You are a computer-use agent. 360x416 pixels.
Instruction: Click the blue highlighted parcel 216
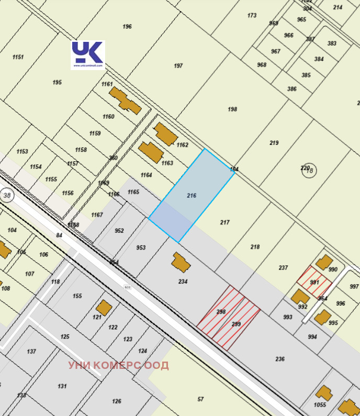tap(192, 195)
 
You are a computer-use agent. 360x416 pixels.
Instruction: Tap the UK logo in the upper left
tap(88, 54)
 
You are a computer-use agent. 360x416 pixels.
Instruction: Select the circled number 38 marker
tap(7, 195)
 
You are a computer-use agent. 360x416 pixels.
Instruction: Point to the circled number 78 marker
tap(309, 170)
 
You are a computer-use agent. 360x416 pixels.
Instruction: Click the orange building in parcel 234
tap(181, 262)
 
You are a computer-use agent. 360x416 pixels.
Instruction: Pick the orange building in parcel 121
tap(104, 307)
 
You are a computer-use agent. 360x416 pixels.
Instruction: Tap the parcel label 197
tap(178, 66)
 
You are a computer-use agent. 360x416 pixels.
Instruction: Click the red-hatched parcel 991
tap(314, 281)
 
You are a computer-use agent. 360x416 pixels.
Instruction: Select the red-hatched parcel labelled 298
tap(221, 311)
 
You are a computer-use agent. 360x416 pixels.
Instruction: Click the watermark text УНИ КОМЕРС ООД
tap(118, 365)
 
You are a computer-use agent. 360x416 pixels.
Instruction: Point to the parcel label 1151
tap(18, 57)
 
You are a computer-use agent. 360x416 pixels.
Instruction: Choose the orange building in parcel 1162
tap(165, 134)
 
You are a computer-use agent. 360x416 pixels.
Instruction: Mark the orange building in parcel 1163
tap(151, 152)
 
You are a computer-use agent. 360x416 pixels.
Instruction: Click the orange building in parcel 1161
tap(125, 99)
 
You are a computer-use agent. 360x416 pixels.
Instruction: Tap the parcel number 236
tap(280, 359)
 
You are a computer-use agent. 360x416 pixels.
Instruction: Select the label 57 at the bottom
tap(200, 399)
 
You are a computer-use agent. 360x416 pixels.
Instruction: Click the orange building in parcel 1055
tap(323, 393)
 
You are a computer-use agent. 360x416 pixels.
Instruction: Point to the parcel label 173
tap(252, 16)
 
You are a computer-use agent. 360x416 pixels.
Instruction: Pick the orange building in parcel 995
tap(322, 317)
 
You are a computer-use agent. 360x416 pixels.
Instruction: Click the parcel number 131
tap(62, 386)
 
